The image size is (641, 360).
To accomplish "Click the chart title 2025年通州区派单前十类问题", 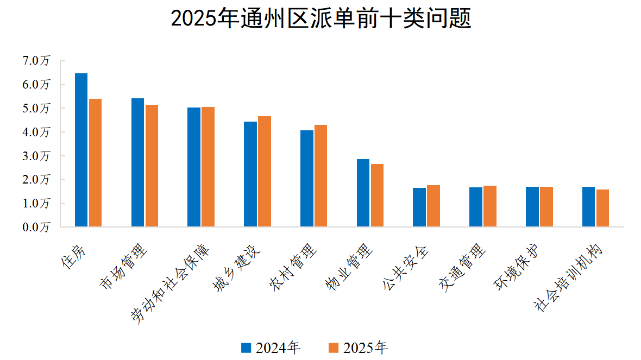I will pyautogui.click(x=320, y=18).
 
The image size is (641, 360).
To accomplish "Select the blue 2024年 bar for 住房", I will pyautogui.click(x=81, y=150).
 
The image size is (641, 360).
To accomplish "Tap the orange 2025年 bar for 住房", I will pyautogui.click(x=95, y=163).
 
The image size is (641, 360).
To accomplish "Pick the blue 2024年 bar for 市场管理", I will pyautogui.click(x=137, y=162).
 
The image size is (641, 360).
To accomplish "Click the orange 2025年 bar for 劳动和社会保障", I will pyautogui.click(x=208, y=167).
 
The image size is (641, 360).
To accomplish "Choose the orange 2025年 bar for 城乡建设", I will pyautogui.click(x=265, y=172).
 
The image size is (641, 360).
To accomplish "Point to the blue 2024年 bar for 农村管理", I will pyautogui.click(x=307, y=179).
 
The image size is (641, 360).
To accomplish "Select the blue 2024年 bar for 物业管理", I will pyautogui.click(x=363, y=193).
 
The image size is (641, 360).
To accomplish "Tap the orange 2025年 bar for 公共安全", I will pyautogui.click(x=433, y=206).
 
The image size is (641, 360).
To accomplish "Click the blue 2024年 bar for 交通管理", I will pyautogui.click(x=476, y=207).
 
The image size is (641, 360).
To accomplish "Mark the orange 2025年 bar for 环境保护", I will pyautogui.click(x=546, y=207).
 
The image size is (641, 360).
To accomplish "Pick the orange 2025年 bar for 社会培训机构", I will pyautogui.click(x=602, y=208).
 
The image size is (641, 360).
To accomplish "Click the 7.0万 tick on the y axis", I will pyautogui.click(x=36, y=61).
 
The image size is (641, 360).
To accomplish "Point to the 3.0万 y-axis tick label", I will pyautogui.click(x=36, y=156).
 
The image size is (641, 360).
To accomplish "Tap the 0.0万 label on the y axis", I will pyautogui.click(x=36, y=227).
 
